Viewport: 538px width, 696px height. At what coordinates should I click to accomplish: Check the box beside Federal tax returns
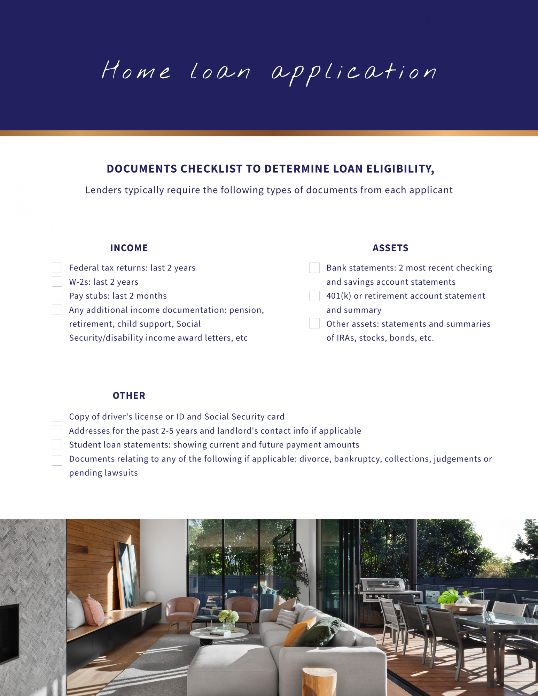pos(57,268)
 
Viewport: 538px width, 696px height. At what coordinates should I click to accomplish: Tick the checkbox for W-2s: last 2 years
pos(57,281)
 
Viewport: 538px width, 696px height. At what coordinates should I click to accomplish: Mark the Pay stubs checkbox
pos(57,295)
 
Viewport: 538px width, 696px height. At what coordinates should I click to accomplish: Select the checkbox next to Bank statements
pos(314,268)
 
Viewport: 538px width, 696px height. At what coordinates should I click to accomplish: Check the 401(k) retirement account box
pos(314,295)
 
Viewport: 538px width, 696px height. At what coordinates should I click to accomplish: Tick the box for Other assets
pos(314,323)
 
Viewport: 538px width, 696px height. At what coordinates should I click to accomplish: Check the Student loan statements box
pos(57,444)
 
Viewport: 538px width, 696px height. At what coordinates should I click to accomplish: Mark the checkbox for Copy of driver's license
pos(57,417)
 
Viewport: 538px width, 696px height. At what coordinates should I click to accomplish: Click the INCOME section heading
pos(129,248)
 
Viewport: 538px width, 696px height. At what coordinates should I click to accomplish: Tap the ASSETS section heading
pos(390,248)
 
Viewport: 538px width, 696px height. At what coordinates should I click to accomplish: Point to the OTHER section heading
pos(129,395)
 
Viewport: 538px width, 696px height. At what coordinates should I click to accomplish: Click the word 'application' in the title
pos(353,72)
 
